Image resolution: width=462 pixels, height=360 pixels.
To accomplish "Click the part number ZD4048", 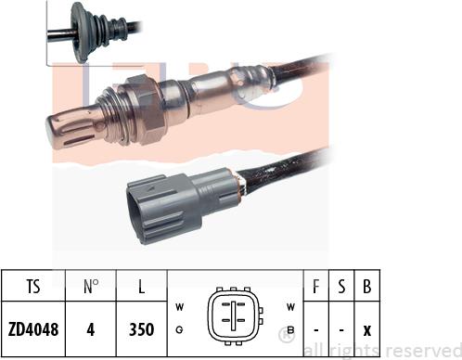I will point(32,329).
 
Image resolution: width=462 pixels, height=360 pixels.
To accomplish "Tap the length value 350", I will point(140,329).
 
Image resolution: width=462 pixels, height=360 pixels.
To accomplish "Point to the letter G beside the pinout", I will point(176,328).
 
